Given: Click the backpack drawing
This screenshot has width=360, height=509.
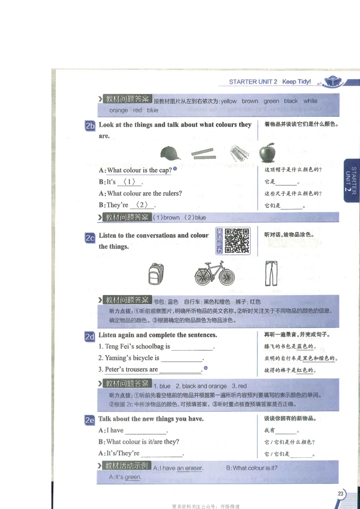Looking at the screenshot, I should pos(156,274).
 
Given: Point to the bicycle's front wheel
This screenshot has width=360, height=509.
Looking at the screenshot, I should pos(226,277).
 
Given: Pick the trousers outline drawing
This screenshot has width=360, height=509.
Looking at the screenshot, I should pos(271,273).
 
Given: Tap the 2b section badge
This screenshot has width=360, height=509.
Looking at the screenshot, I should pos(90,126).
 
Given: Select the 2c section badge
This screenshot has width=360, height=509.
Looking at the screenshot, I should pos(90,237).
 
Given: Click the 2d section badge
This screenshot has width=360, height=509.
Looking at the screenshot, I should pos(90,336).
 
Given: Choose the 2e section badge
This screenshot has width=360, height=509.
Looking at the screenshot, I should pos(90,420).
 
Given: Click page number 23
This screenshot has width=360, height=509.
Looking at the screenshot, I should pos(341,494).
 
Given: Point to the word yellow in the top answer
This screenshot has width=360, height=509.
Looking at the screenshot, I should pos(229,101).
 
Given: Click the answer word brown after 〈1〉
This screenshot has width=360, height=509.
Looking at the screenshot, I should pos(171,218).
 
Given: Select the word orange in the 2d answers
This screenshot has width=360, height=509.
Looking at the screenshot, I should pos(217,386).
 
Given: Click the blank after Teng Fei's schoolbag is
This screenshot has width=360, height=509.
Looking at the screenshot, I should pos(192,347).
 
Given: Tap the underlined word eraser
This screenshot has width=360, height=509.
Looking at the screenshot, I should pos(193,468).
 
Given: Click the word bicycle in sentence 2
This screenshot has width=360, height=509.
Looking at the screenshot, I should pos(141,358).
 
